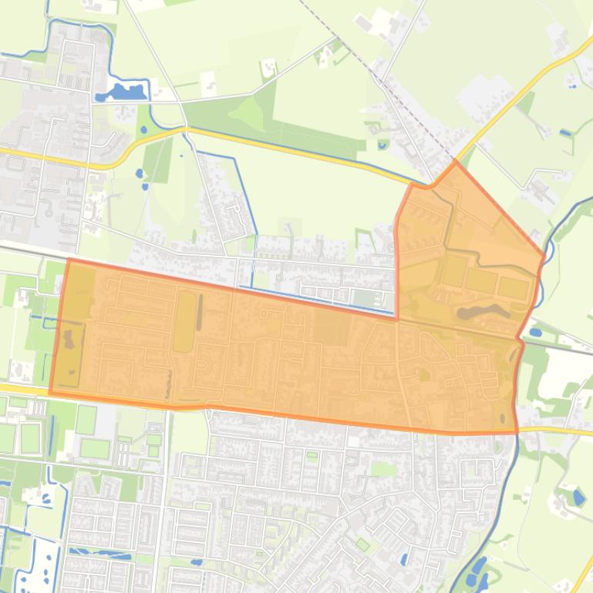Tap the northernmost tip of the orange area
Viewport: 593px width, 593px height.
pyautogui.click(x=456, y=162)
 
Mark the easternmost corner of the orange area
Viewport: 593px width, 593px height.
pyautogui.click(x=544, y=254)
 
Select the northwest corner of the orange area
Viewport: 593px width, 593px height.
pyautogui.click(x=69, y=260)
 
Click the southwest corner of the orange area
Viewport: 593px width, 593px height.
pyautogui.click(x=50, y=393)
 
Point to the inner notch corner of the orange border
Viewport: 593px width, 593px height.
pyautogui.click(x=397, y=317)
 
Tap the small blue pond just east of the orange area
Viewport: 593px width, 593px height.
pyautogui.click(x=535, y=333)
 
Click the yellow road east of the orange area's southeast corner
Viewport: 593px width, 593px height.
pyautogui.click(x=555, y=430)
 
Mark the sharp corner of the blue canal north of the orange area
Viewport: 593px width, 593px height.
pyautogui.click(x=233, y=157)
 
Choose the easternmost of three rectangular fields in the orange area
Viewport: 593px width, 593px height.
pyautogui.click(x=513, y=289)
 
